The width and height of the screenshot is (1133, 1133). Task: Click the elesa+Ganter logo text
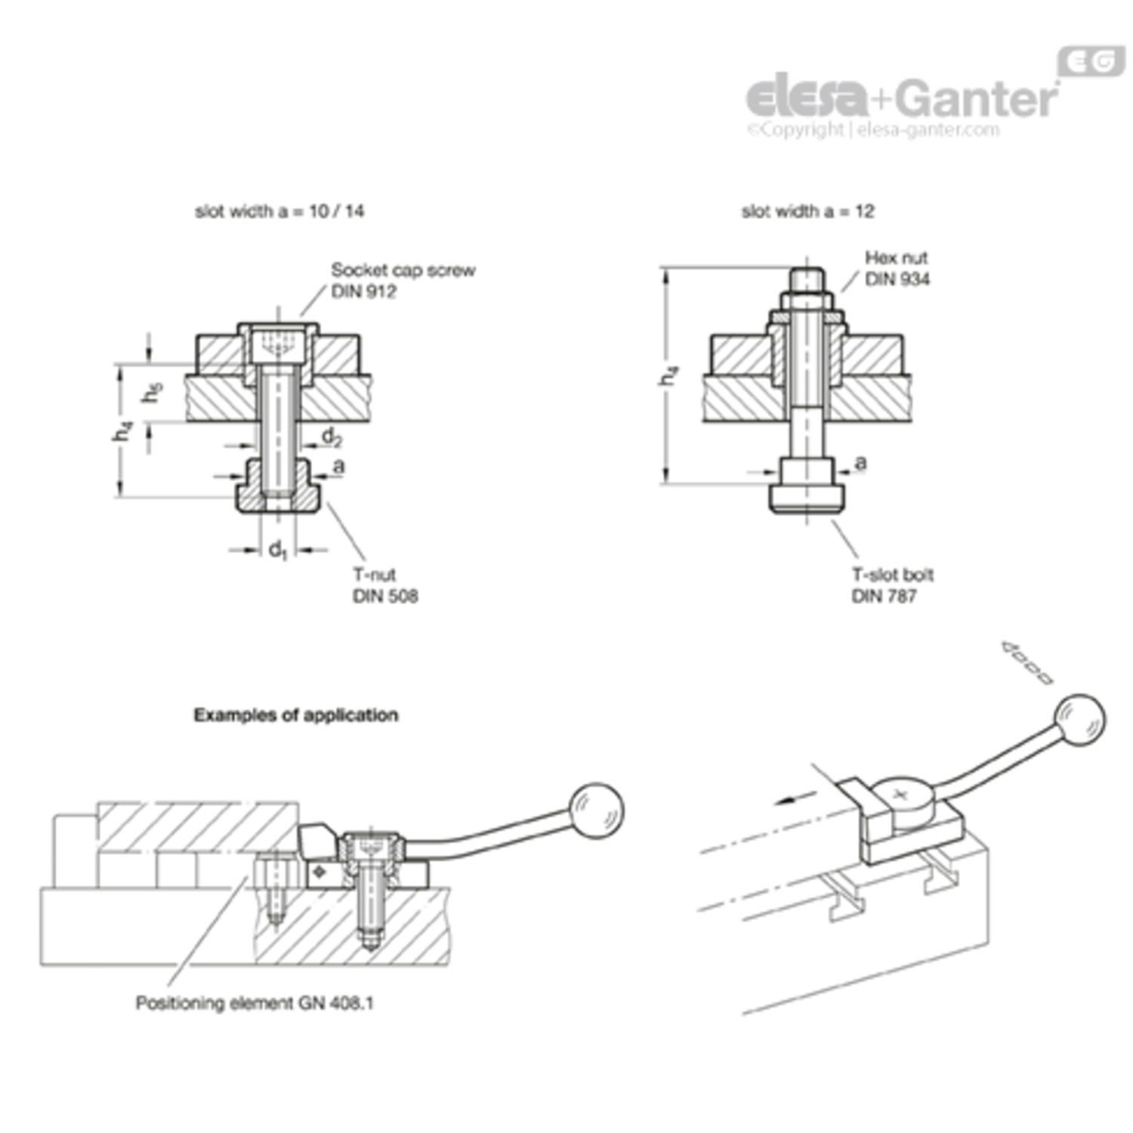(x=903, y=97)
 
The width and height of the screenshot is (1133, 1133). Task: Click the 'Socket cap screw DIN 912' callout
(x=403, y=281)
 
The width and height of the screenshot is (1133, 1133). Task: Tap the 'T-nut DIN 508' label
(x=385, y=585)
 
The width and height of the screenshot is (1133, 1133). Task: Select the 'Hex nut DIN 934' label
(x=897, y=269)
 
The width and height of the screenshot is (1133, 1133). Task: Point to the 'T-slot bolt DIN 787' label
(x=893, y=585)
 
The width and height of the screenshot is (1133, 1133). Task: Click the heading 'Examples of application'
(x=296, y=715)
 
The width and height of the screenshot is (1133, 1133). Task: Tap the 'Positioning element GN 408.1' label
(x=255, y=1003)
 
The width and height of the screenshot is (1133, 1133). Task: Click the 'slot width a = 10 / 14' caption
(x=279, y=211)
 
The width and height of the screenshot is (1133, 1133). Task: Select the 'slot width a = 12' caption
(x=808, y=211)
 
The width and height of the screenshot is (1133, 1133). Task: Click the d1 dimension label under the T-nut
(x=278, y=550)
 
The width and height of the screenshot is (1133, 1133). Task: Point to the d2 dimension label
(x=332, y=437)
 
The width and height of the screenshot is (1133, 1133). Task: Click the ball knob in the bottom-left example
(x=597, y=810)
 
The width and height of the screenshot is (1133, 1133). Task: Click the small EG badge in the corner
(x=1091, y=61)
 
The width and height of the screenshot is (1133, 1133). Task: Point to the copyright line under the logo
(x=873, y=130)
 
